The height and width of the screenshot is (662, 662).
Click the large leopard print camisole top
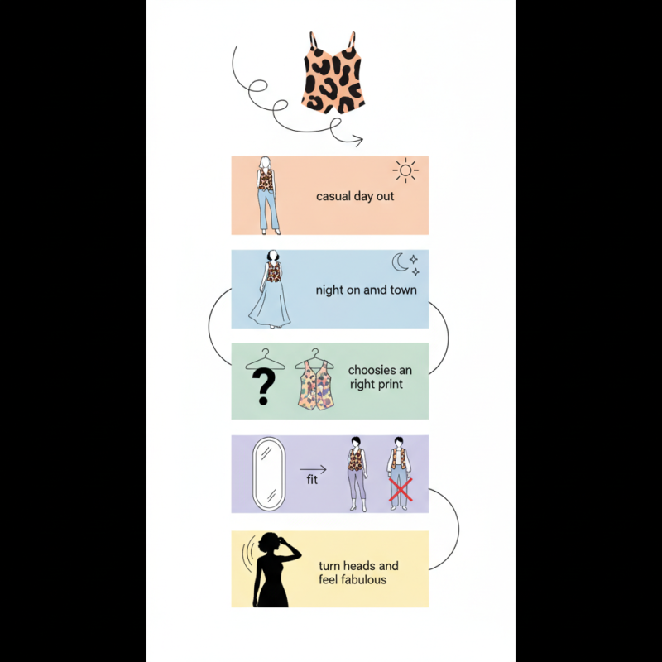[x=333, y=73]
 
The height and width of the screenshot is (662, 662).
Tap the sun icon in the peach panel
[x=405, y=170]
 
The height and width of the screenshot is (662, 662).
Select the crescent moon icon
[x=400, y=261]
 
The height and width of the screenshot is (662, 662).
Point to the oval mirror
[x=268, y=473]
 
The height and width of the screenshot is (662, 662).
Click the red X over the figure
[x=401, y=490]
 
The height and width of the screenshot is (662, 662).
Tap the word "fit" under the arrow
[x=312, y=480]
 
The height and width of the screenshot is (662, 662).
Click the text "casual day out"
[x=355, y=196]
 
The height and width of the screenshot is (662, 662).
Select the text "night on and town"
[x=366, y=290]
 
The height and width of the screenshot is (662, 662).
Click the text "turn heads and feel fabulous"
[x=358, y=573]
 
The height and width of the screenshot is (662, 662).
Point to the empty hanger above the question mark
[x=265, y=360]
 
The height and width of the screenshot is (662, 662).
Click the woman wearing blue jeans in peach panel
[x=267, y=195]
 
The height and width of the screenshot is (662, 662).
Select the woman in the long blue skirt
[x=271, y=289]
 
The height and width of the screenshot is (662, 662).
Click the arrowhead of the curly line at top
[x=359, y=141]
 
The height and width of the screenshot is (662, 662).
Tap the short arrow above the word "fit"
[x=313, y=469]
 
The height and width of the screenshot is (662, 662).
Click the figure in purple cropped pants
[x=357, y=473]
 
